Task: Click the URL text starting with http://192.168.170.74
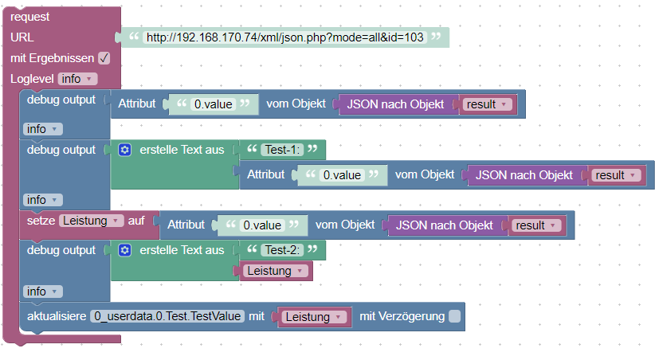[284, 37]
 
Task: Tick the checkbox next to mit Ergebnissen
[104, 58]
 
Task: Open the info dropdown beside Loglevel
[77, 79]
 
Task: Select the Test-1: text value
[282, 149]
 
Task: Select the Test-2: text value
[282, 249]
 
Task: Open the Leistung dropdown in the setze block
[91, 221]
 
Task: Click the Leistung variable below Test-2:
[276, 271]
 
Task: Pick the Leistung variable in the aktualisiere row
[314, 317]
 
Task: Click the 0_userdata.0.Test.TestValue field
[167, 317]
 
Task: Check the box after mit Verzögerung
[454, 317]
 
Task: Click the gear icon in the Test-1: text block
[124, 149]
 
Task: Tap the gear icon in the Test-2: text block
[124, 250]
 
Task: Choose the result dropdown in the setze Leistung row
[536, 225]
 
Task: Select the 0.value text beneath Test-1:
[341, 174]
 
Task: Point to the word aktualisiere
[56, 317]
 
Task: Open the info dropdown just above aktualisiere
[42, 292]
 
